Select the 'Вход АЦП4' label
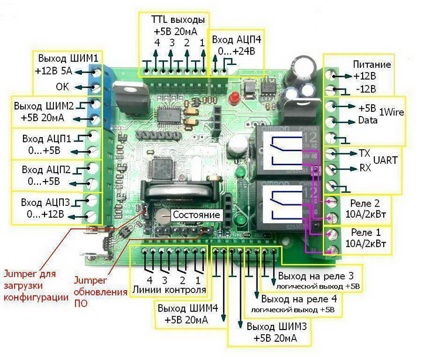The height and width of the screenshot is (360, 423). point(236,39)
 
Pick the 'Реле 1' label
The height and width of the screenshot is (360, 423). point(372,232)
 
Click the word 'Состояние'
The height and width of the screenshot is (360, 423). point(196,215)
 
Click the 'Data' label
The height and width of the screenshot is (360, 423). point(367,122)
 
